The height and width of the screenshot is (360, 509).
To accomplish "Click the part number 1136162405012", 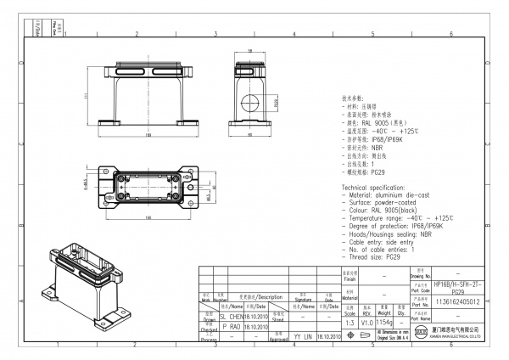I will [x=456, y=301].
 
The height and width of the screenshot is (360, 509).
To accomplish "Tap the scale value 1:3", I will [x=348, y=323].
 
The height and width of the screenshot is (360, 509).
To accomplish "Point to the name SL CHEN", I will [x=231, y=315].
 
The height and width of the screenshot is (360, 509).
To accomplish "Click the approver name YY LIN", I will [x=302, y=337].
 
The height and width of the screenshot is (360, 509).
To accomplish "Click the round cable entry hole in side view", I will [x=250, y=106].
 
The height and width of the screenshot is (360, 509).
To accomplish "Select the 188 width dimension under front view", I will [x=149, y=134].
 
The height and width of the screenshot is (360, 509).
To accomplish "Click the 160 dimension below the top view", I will [x=149, y=218].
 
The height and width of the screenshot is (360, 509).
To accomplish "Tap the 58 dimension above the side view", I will [x=250, y=50].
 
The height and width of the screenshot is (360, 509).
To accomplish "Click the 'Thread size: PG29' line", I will [x=372, y=256].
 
